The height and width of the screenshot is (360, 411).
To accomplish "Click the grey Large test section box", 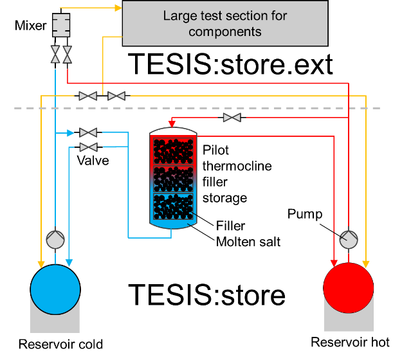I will tap(225, 23).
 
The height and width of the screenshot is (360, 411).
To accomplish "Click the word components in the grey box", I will tap(225, 32).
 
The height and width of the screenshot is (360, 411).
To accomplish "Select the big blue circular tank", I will tap(55, 289).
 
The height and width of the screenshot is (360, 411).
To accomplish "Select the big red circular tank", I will tap(349, 287).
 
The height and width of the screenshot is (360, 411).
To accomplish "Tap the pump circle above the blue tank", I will tap(55, 240).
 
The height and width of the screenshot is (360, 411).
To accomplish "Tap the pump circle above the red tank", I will tap(349, 239).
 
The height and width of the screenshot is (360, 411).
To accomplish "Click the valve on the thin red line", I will tap(232, 118).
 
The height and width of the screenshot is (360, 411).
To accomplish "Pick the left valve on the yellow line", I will tap(88, 96).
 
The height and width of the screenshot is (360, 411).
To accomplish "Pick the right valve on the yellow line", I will tap(116, 96).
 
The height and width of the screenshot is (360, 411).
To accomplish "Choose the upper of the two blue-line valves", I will tap(88, 132).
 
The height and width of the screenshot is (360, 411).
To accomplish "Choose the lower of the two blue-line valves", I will tap(88, 147).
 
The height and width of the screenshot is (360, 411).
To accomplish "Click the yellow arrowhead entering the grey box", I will tap(118, 8).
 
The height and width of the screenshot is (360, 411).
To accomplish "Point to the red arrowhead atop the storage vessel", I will tap(172, 123).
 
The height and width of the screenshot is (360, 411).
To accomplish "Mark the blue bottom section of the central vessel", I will tap(173, 209).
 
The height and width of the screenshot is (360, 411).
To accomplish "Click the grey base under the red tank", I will tap(349, 321).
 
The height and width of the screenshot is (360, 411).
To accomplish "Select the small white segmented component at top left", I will tap(61, 25).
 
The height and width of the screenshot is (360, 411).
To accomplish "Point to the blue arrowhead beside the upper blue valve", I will tap(72, 132).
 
